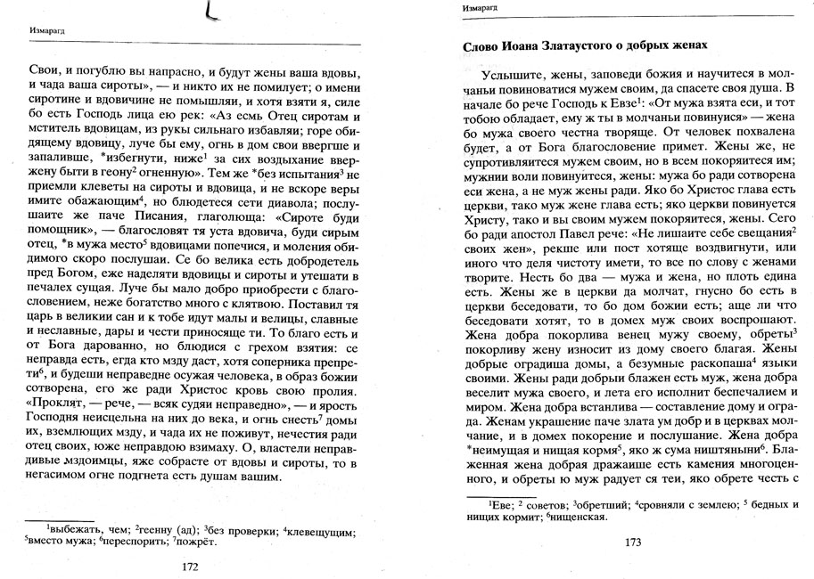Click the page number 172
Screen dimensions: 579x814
[x=189, y=567]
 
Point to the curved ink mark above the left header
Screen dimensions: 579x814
[x=210, y=12]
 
